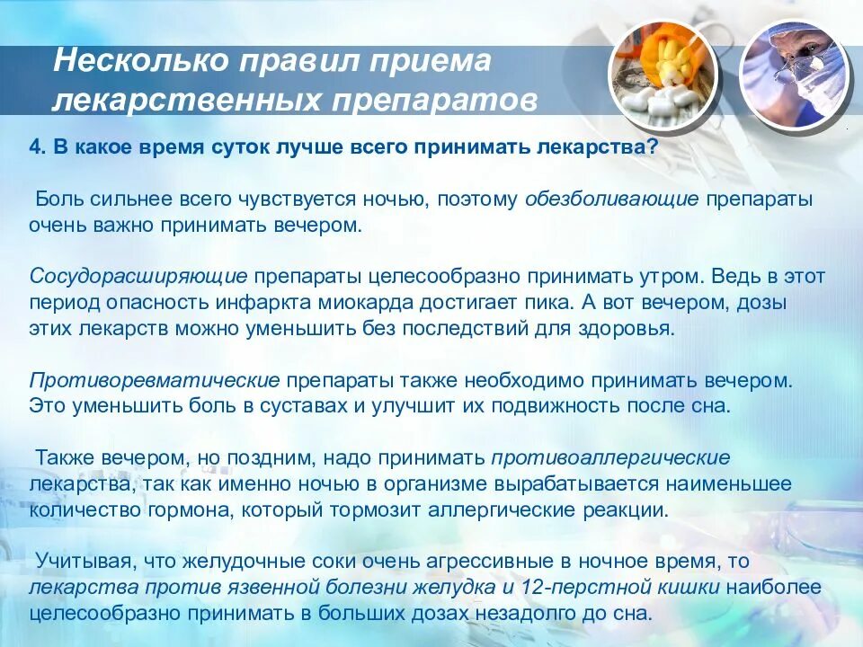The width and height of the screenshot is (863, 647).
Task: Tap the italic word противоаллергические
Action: [609, 457]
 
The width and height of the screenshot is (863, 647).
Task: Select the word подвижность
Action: [547, 405]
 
